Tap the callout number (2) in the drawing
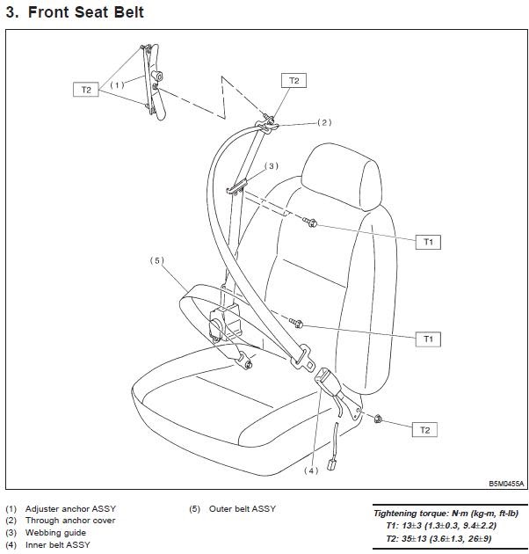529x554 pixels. click(323, 122)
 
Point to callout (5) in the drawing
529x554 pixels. click(157, 260)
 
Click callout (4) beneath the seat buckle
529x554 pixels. click(310, 470)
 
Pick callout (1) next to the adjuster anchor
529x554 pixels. click(118, 85)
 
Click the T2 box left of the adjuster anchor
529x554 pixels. click(86, 89)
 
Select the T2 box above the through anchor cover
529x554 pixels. click(293, 81)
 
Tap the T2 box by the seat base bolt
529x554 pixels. click(424, 430)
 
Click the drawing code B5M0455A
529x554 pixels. click(506, 484)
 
